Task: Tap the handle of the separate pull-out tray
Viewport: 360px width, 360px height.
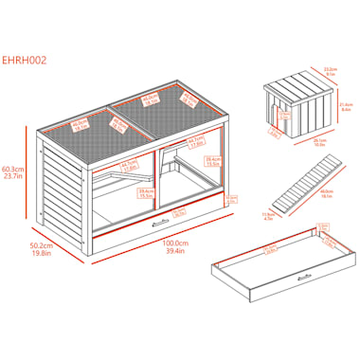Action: [305, 275]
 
